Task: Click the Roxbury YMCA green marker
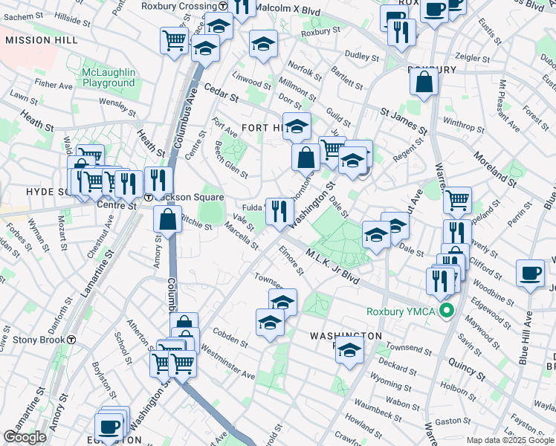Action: point(446,311)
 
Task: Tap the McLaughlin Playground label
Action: point(109,77)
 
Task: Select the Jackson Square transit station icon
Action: point(149,198)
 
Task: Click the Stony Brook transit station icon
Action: point(71,340)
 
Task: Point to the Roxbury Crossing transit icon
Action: point(223,6)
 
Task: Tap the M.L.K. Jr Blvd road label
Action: point(332,266)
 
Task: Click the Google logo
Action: point(25,437)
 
